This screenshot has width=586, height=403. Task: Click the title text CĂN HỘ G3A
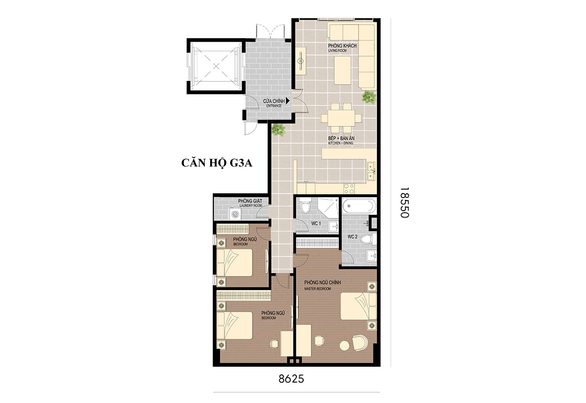(217, 163)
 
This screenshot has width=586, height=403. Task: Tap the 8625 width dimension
(291, 379)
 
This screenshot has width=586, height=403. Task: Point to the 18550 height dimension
(404, 202)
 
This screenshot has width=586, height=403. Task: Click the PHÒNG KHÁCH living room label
(342, 47)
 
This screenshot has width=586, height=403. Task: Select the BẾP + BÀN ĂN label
(341, 140)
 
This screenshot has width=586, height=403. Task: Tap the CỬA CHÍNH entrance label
(274, 103)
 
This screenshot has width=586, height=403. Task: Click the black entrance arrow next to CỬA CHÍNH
(288, 101)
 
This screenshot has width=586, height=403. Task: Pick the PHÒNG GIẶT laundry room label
(250, 203)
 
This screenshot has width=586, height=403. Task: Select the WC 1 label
(316, 223)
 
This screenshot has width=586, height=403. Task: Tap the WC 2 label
(353, 236)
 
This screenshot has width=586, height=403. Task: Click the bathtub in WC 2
(359, 206)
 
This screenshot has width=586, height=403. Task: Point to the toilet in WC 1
(305, 205)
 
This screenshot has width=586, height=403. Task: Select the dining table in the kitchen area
(341, 118)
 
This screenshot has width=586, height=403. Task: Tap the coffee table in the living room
(342, 70)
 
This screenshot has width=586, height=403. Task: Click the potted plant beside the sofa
(369, 97)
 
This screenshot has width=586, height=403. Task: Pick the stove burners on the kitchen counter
(349, 188)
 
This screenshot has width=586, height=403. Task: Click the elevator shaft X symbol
(216, 66)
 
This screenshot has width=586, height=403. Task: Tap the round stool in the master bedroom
(344, 345)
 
